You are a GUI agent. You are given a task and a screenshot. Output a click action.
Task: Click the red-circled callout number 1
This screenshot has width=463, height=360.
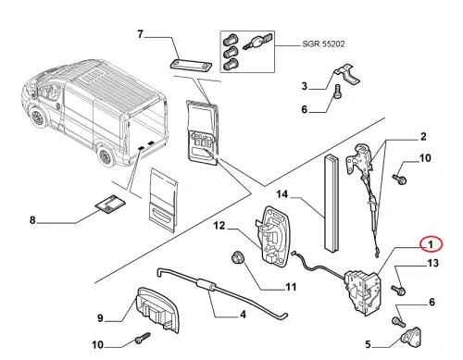coord(431,244)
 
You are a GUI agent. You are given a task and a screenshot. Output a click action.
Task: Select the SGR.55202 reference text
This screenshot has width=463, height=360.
coord(323,44)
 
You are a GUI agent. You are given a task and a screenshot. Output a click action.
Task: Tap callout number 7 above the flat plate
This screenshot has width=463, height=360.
coord(141,34)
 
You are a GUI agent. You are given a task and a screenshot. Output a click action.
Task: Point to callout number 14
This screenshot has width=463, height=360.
coord(282,194)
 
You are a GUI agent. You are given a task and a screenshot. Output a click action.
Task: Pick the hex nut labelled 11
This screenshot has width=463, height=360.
coord(238,258)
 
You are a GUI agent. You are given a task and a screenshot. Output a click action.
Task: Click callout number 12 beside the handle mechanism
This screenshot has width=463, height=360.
coord(219,226)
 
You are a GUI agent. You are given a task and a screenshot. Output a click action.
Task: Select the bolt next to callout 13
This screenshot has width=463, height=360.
coord(398,290)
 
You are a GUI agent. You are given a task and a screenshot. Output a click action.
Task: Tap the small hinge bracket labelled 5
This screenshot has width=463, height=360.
coord(411,336)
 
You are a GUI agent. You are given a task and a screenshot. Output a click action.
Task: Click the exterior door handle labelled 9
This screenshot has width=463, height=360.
coord(158,309)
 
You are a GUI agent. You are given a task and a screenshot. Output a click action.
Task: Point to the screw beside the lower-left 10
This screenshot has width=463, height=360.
coord(143,338)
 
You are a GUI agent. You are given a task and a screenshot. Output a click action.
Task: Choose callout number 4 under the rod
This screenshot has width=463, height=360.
coord(243,315)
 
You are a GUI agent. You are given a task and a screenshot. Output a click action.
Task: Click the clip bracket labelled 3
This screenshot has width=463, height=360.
coord(346,75)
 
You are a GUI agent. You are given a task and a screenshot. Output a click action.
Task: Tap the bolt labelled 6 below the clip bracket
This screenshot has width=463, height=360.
coord(338,92)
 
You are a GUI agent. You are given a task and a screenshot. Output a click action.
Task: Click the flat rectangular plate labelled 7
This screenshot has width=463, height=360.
coord(191,65)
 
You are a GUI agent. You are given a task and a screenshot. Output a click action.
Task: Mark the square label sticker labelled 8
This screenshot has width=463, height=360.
coord(109,204)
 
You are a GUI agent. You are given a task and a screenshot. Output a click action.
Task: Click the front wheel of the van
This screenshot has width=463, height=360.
coord(38,118)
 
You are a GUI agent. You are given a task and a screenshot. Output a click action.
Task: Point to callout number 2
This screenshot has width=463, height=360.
coord(423,136)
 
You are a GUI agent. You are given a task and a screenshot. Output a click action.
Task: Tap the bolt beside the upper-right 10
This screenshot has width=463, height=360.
coord(399,179)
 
